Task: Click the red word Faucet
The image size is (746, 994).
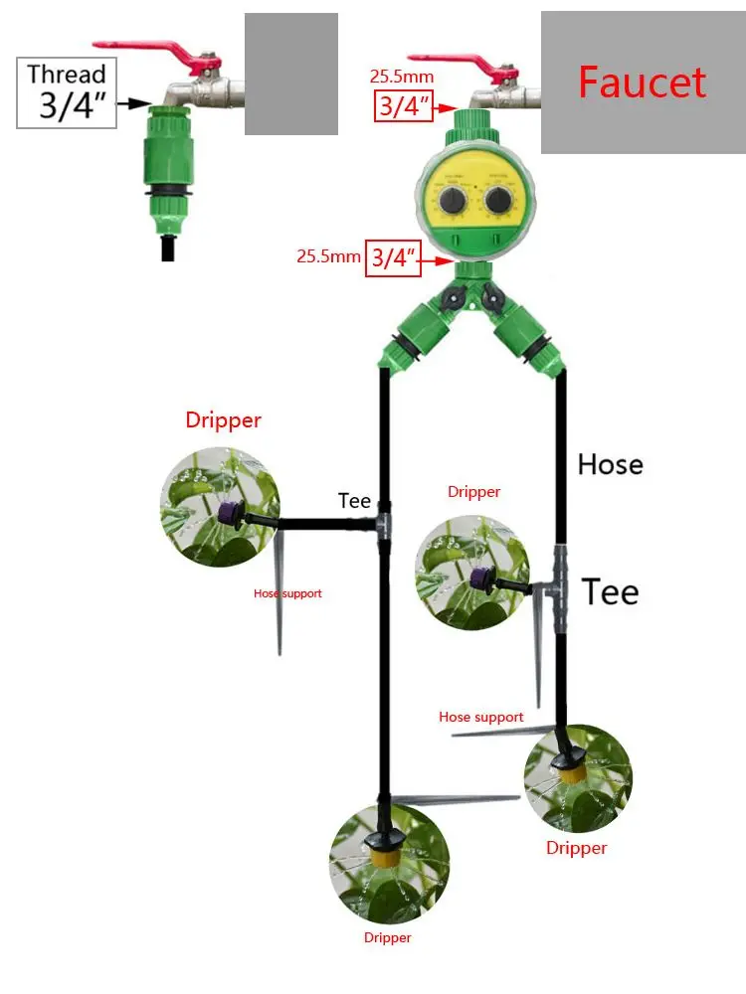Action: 642,83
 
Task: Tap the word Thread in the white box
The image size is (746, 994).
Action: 66,74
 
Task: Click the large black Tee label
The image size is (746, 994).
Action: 610,591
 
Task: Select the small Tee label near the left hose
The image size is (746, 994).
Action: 354,501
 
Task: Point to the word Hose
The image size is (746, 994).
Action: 610,464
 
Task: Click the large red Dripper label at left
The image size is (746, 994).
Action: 223,420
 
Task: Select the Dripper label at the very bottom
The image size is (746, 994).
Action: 387,937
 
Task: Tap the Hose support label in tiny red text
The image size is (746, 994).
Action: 287,593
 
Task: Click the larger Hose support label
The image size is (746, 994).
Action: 481,717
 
